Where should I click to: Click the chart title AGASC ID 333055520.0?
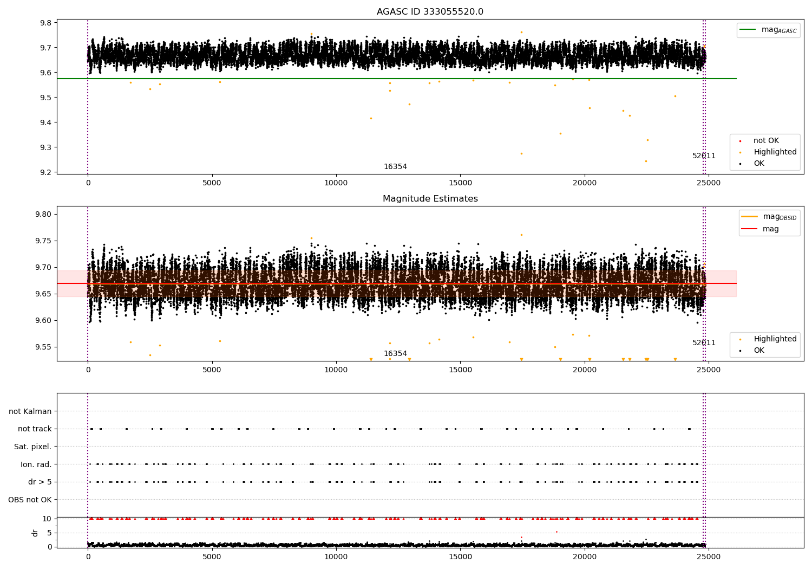point(430,12)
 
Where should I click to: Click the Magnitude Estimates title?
point(430,199)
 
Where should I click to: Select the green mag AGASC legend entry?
point(768,30)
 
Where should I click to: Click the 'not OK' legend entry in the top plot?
point(765,141)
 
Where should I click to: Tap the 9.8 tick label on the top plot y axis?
point(45,23)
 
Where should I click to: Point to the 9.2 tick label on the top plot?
point(45,172)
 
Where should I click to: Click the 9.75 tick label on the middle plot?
point(43,241)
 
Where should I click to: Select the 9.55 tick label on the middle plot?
point(43,347)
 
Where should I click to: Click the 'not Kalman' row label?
point(30,411)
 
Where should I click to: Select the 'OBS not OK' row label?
point(30,500)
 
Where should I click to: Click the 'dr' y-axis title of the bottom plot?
point(35,533)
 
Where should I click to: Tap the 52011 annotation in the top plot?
point(704,156)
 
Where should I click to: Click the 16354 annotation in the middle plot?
point(395,354)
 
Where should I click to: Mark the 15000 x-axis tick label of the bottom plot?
point(460,557)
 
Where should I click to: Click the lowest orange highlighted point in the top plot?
point(645,161)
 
